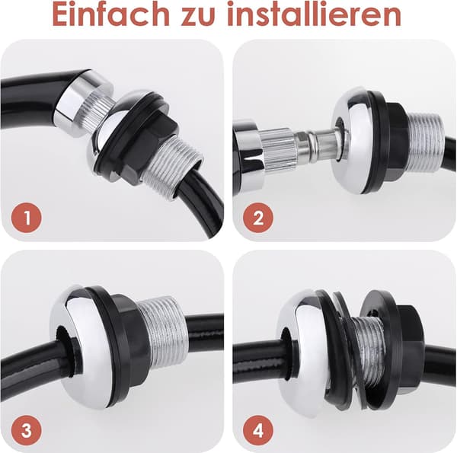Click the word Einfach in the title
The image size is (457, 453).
point(111,14)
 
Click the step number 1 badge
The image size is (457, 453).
point(27,217)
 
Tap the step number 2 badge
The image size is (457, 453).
point(258,217)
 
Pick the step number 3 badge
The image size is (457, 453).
point(27,429)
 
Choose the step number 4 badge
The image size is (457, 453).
point(258,429)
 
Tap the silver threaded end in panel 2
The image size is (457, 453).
point(426,142)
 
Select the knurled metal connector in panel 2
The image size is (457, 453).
point(278,148)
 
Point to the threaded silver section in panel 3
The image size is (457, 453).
point(161,335)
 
